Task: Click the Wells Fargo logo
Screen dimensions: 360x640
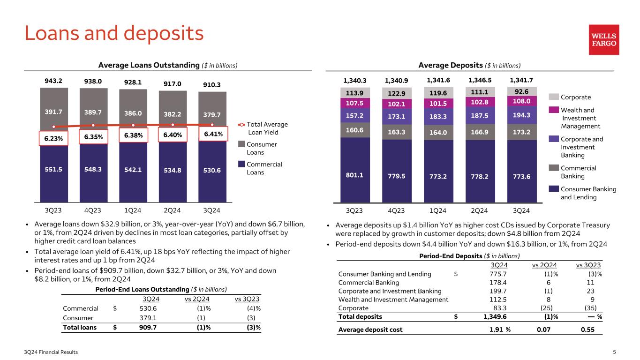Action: coord(604,40)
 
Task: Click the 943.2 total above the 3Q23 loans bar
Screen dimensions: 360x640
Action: coord(53,80)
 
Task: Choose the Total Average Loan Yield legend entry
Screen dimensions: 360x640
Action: coord(263,128)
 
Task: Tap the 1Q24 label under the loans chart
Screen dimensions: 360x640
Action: coord(133,210)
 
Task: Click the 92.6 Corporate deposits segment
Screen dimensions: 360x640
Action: coord(521,91)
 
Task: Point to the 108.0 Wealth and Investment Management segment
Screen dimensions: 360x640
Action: coord(521,101)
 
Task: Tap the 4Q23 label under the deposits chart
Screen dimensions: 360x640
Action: coord(397,210)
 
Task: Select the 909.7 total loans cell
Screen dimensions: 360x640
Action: coord(148,328)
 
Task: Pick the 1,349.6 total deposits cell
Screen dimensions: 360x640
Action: coord(494,316)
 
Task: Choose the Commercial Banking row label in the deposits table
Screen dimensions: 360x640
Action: coord(369,283)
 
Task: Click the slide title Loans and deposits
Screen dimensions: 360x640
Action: coord(114,33)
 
